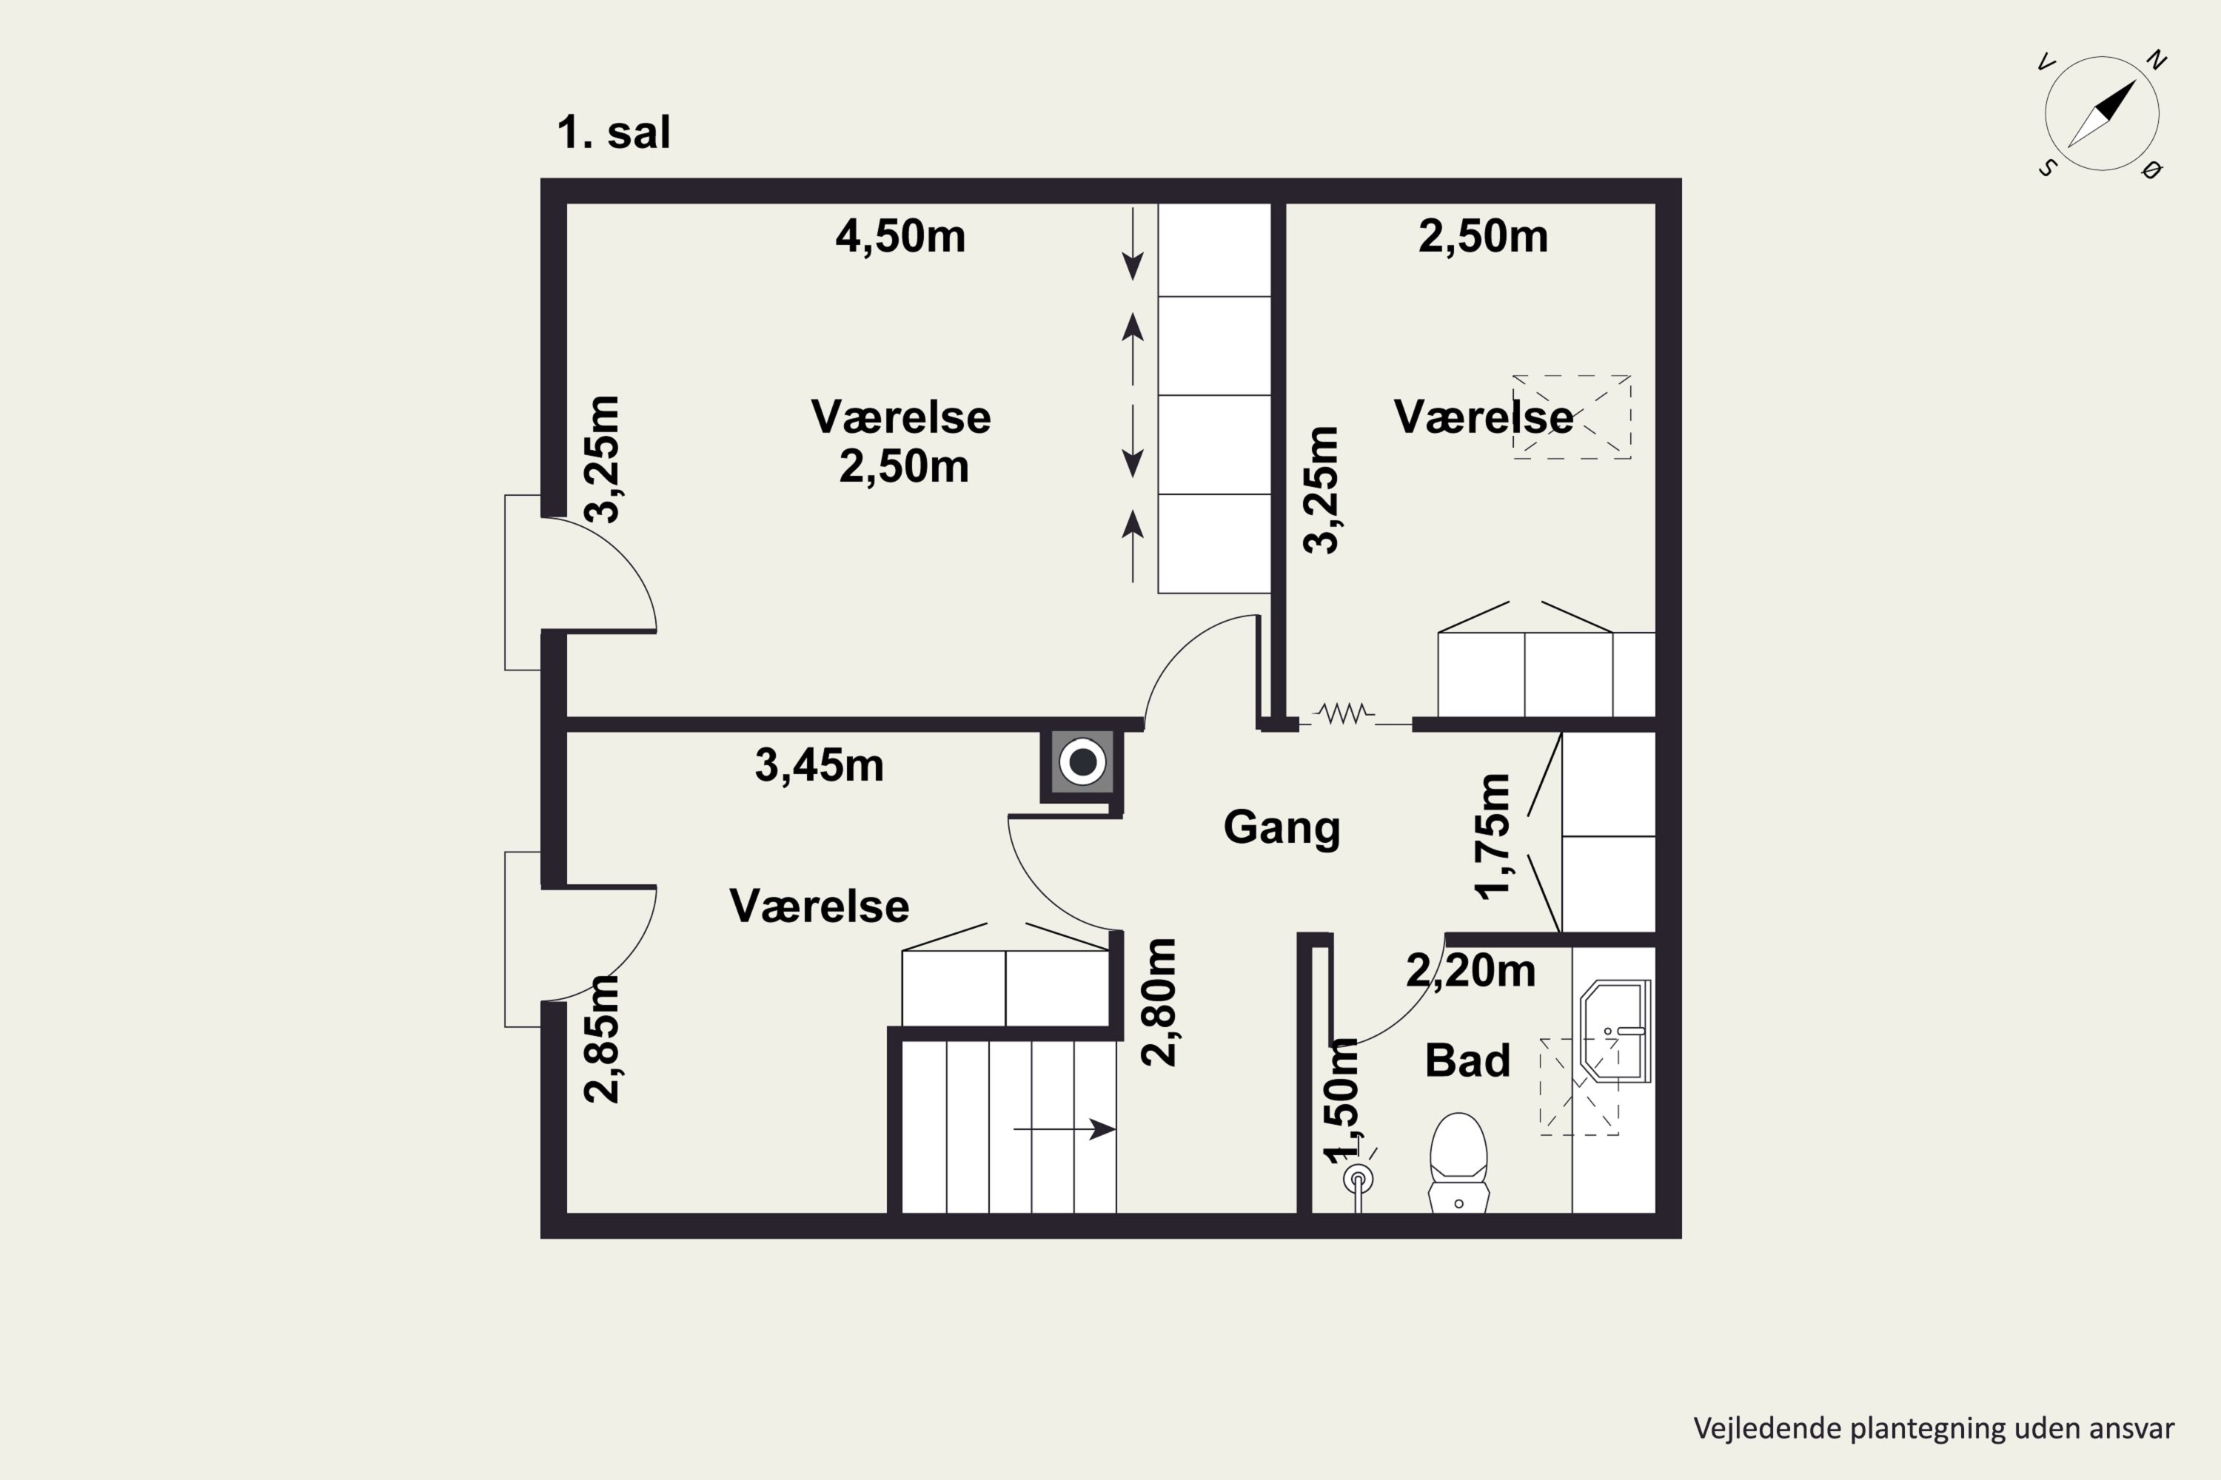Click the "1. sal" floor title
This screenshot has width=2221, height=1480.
coord(614,132)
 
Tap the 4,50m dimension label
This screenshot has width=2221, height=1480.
coord(900,236)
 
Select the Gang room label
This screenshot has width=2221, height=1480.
coord(1282,828)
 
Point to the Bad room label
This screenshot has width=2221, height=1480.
coord(1467,1060)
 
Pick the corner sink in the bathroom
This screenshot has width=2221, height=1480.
coord(1615,1031)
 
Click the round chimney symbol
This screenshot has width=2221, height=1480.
coord(1082,761)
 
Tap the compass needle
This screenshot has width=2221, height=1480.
coord(2102,114)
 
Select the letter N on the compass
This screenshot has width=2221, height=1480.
coord(2156,61)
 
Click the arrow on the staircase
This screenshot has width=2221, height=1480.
coord(1065,1129)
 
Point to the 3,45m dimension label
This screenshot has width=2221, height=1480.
coord(819,765)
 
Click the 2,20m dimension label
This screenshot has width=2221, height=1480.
coord(1470,971)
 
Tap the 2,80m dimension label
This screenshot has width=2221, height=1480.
coord(1159,1003)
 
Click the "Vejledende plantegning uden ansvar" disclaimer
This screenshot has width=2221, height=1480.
coord(1934,1428)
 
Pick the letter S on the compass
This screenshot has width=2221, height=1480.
coord(2047,168)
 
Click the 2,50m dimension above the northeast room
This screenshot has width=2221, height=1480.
coord(1483,236)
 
